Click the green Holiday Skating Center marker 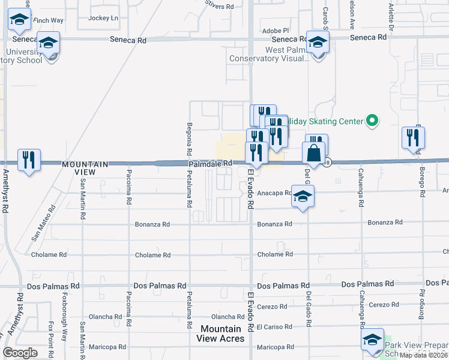(x=372, y=121)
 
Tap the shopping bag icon (x=314, y=154)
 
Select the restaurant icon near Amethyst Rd (x=29, y=160)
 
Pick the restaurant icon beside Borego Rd (x=414, y=138)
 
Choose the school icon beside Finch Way (x=20, y=22)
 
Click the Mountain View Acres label (x=220, y=334)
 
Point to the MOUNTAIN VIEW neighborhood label (x=86, y=168)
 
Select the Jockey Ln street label (x=103, y=18)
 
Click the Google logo (x=20, y=352)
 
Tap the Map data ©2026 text (x=424, y=355)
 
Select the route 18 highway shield (x=328, y=162)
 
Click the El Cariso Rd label (x=274, y=327)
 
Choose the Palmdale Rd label (x=210, y=163)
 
